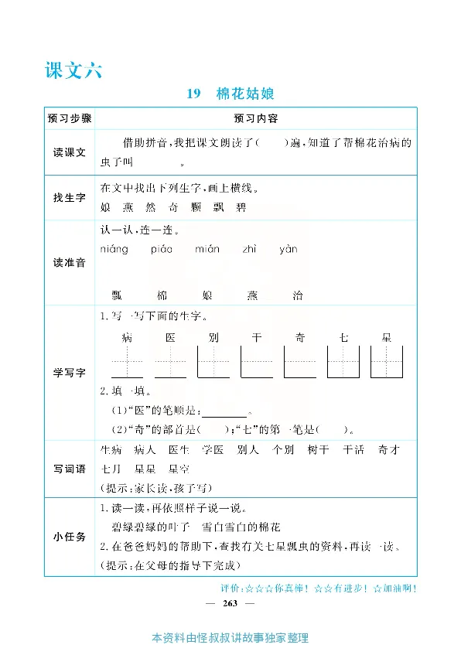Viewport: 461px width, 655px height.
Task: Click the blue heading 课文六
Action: tap(74, 70)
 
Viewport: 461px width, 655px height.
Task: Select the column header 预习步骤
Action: tap(70, 118)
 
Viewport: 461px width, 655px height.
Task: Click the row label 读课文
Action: tap(70, 152)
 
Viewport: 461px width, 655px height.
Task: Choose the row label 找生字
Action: tap(70, 198)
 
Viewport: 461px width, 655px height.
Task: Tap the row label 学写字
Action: tap(70, 373)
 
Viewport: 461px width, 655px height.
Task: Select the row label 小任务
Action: tap(70, 536)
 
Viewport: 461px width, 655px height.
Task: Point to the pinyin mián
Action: tap(207, 250)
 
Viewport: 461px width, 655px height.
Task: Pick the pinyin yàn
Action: tap(288, 250)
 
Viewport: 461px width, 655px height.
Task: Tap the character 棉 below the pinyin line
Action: tap(162, 295)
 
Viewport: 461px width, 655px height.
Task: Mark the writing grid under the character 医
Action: tap(170, 361)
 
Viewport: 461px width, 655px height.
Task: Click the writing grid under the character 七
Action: tap(343, 361)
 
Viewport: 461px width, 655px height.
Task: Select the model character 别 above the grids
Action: tap(213, 337)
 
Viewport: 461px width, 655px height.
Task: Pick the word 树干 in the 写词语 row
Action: tap(318, 449)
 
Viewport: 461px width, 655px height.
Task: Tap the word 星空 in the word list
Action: tap(179, 469)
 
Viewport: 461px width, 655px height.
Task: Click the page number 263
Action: tap(230, 602)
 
